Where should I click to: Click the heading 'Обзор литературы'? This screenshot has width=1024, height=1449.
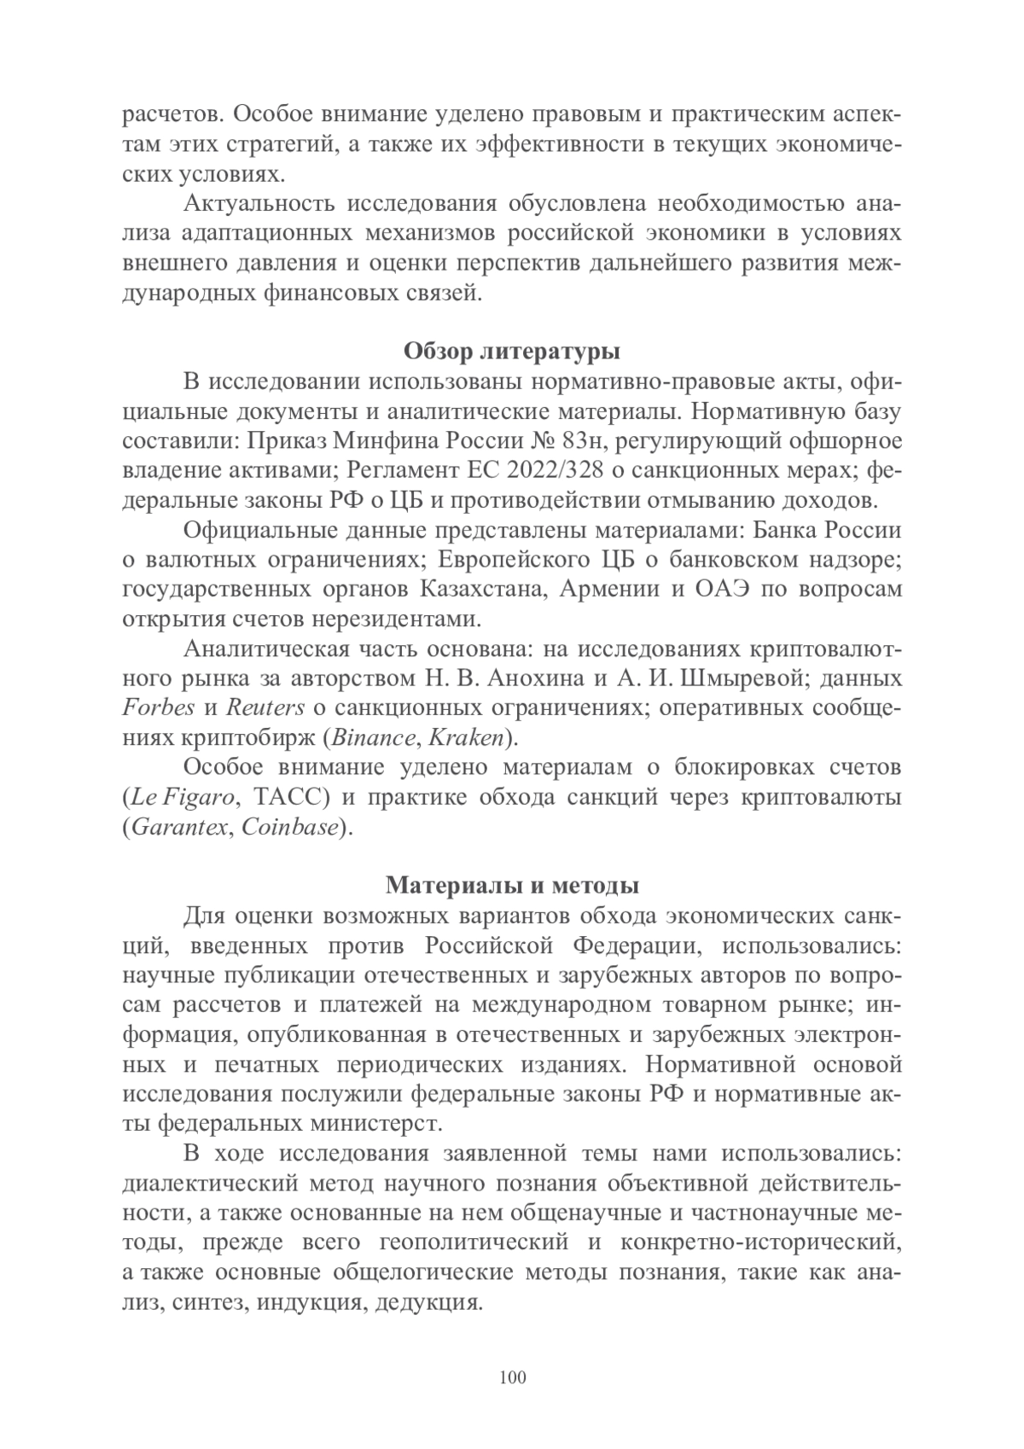511,351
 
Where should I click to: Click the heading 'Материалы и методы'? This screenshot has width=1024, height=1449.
512,886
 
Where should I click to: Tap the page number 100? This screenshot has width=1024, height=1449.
512,1378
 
